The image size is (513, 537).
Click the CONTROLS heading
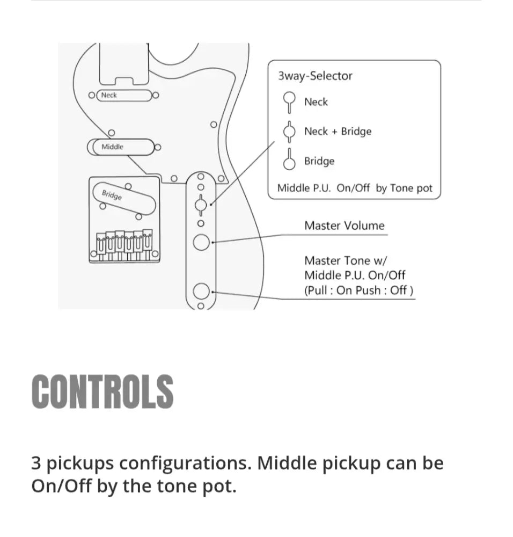point(102,391)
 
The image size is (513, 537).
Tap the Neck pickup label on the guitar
point(109,95)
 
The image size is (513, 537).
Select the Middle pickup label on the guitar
point(113,147)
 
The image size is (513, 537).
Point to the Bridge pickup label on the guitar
point(112,195)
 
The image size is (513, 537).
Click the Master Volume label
point(344,226)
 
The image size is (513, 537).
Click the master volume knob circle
point(201,243)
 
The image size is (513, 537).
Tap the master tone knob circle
point(201,292)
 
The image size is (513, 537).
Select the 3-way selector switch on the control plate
point(201,204)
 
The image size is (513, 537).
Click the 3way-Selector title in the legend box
point(315,76)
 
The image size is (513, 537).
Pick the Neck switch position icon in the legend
point(290,101)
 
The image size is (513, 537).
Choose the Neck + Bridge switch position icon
point(290,131)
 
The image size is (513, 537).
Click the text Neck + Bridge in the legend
point(338,132)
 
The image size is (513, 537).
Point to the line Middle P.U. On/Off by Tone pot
point(355,188)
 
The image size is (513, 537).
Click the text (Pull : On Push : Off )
point(358,291)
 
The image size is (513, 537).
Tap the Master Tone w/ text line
point(345,260)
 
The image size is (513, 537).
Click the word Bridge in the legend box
point(319,161)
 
